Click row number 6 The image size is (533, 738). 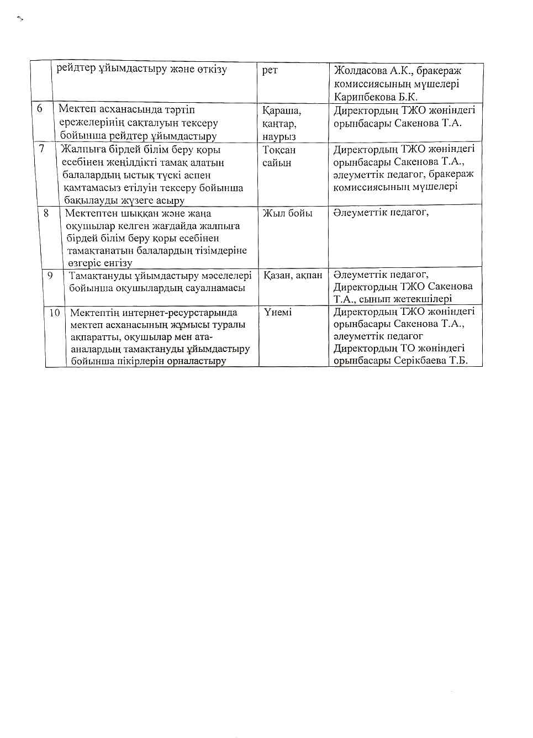click(x=40, y=109)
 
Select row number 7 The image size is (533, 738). click(x=41, y=149)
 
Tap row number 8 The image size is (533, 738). click(x=46, y=213)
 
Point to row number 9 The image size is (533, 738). click(x=50, y=275)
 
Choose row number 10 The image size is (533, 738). click(x=55, y=313)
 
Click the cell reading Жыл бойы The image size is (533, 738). click(x=287, y=213)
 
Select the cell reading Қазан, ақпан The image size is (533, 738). click(x=292, y=275)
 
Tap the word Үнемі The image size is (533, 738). click(x=277, y=313)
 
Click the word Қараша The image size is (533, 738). click(x=282, y=110)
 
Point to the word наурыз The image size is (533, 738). click(x=279, y=136)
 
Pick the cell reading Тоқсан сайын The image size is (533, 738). click(x=279, y=156)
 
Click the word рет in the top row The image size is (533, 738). click(x=270, y=71)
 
